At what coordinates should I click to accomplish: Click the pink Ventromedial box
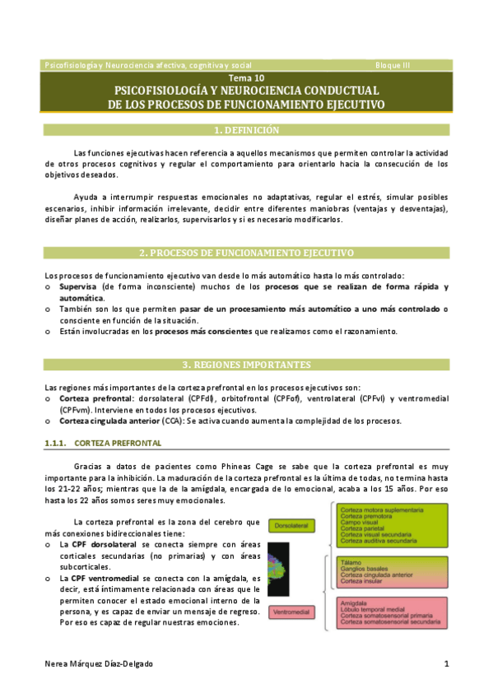coord(291,612)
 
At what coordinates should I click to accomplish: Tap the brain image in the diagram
coord(280,568)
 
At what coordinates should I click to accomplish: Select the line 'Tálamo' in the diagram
coord(352,561)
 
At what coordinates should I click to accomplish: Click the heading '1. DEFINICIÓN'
coord(246,130)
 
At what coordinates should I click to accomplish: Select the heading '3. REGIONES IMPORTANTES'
coord(246,365)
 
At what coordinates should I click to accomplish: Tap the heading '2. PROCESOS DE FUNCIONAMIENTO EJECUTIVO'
coord(246,253)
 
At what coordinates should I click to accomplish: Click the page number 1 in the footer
coord(445,663)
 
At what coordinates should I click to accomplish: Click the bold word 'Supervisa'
coord(77,287)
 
